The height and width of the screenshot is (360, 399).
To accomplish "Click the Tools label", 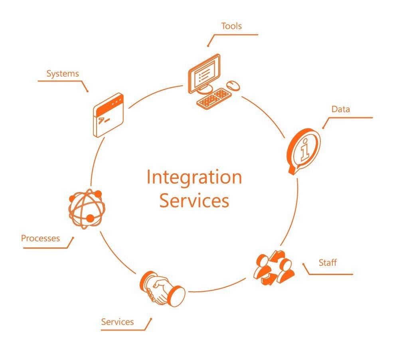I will coord(231,27).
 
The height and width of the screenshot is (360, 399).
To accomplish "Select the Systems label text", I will coord(63,74).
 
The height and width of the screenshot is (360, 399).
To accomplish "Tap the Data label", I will coord(341,109).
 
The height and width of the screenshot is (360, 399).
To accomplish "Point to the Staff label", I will coord(328,263).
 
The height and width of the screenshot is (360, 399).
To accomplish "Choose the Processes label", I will coord(40,239).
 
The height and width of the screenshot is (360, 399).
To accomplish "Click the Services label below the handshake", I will coord(117,322).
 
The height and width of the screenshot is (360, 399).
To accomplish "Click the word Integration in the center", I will coord(194,177).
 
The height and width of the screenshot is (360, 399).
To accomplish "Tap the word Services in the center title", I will coord(194,200).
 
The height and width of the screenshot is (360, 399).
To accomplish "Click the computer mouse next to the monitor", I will coord(233,85).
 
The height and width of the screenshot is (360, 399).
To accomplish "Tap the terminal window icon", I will coord(108,115).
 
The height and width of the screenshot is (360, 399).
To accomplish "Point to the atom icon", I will coord(87,208).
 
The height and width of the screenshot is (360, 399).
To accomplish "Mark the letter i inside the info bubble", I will coord(305,148).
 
